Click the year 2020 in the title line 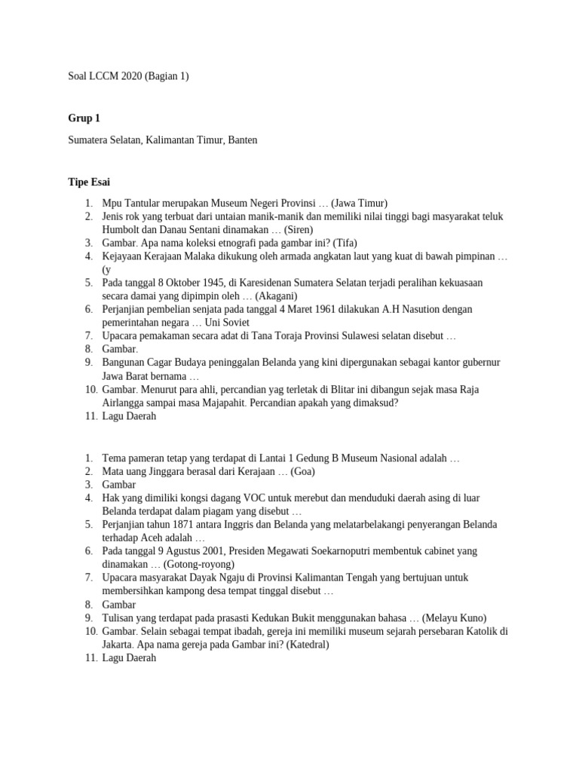pos(125,76)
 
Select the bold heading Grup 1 pos(84,118)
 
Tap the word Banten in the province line pos(240,140)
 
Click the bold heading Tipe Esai pos(89,182)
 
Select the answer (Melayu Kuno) pos(455,617)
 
